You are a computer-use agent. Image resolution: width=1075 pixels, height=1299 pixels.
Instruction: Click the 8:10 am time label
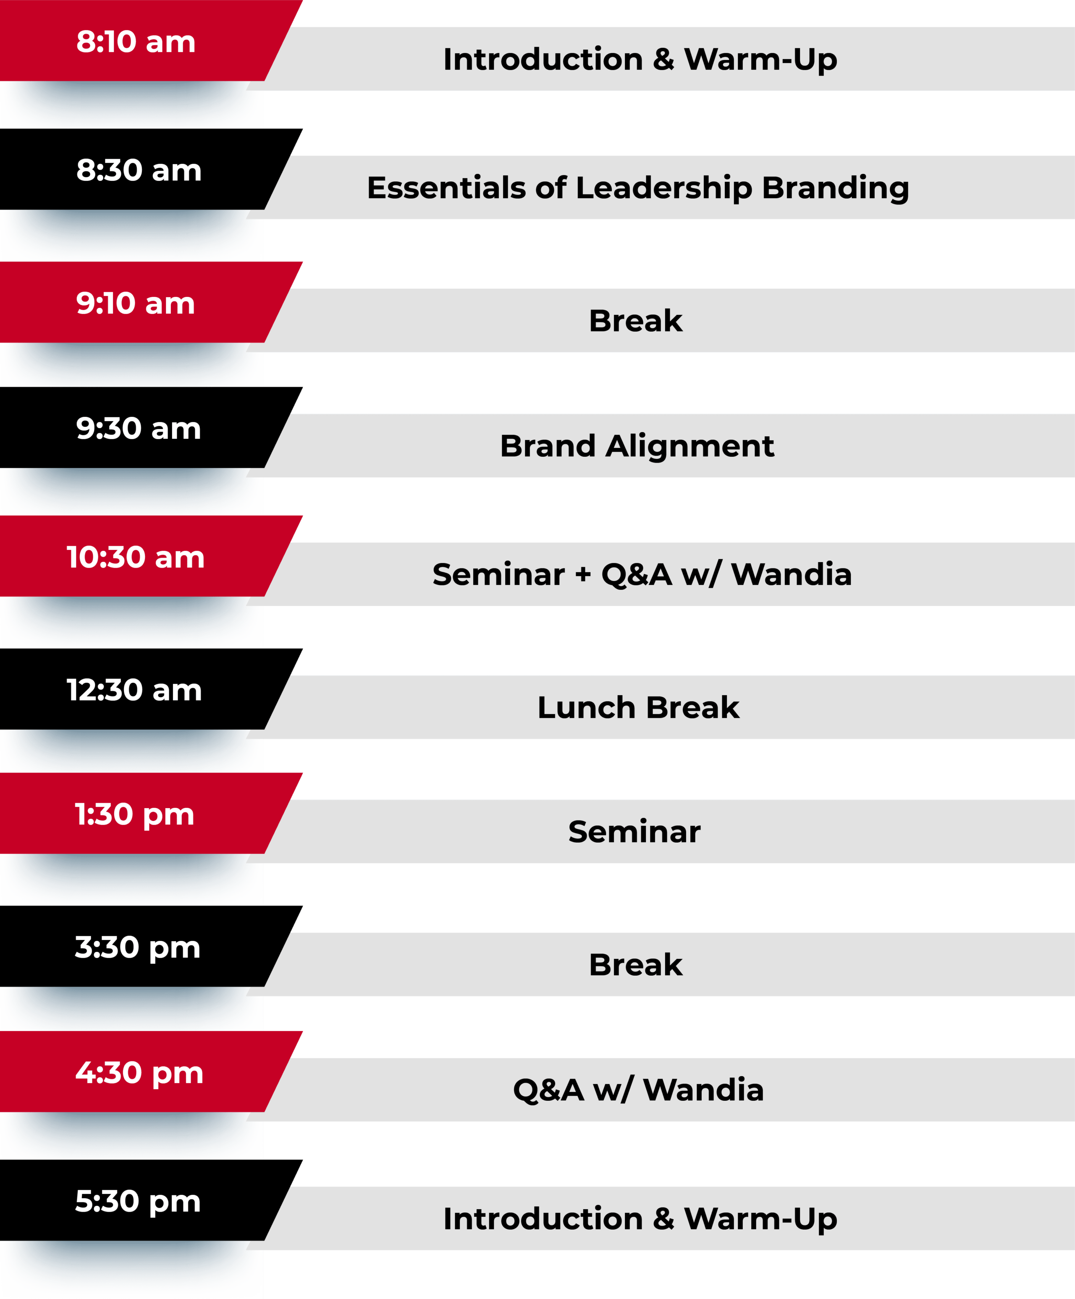[136, 42]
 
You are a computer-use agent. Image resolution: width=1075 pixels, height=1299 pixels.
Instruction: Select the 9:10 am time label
[136, 304]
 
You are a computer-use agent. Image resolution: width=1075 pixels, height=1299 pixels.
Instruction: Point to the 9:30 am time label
[139, 429]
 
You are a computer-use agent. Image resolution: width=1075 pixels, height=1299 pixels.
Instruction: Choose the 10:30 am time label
[136, 557]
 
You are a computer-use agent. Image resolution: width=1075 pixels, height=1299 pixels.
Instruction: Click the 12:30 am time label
[134, 690]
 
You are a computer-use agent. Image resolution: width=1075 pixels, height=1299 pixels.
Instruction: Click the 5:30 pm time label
[138, 1202]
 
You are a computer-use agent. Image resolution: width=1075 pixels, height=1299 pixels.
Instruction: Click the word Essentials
[446, 187]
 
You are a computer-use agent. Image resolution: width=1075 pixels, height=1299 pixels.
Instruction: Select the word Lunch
[586, 707]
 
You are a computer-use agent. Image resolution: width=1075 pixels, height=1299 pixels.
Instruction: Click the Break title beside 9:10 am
[636, 321]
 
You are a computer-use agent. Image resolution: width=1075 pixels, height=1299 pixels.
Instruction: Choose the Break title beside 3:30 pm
[636, 965]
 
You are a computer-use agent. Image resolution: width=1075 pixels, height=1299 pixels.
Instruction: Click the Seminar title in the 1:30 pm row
[635, 832]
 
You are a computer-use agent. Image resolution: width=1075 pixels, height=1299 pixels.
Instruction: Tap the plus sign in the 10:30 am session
[583, 575]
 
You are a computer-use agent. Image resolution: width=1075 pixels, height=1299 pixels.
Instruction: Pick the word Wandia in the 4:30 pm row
[704, 1090]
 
